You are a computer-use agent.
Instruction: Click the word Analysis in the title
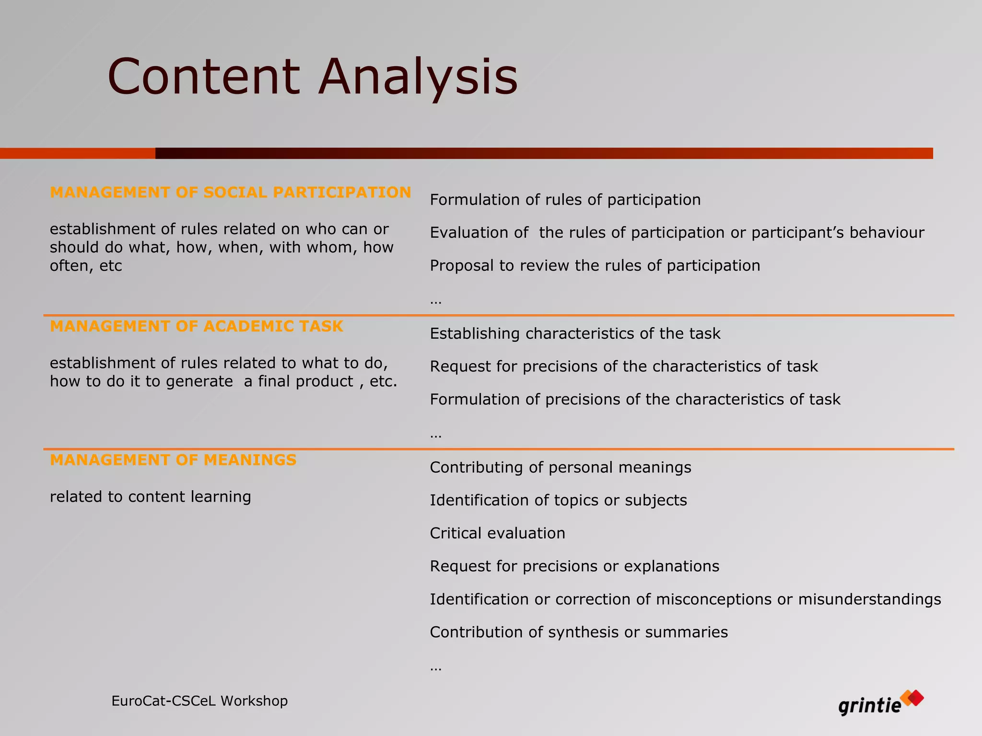point(418,77)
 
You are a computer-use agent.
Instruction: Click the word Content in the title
point(204,77)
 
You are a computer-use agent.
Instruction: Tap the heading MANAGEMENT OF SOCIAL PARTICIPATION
point(230,192)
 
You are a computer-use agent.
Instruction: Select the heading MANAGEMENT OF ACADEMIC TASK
point(197,326)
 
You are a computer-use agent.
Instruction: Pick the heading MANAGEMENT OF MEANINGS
point(173,460)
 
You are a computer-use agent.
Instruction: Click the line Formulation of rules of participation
point(565,200)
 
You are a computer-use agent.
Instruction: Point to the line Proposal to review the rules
point(595,265)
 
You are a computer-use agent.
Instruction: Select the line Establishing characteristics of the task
point(575,333)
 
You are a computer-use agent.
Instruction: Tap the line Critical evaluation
point(497,533)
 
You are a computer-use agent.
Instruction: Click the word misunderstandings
point(869,599)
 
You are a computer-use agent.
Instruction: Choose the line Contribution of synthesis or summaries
point(579,632)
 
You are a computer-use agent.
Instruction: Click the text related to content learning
point(150,497)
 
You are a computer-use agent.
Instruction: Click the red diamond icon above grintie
point(915,698)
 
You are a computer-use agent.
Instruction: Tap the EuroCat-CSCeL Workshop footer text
point(199,701)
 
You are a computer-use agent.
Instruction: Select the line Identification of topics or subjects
point(558,500)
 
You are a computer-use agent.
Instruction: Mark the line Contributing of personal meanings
point(560,468)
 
